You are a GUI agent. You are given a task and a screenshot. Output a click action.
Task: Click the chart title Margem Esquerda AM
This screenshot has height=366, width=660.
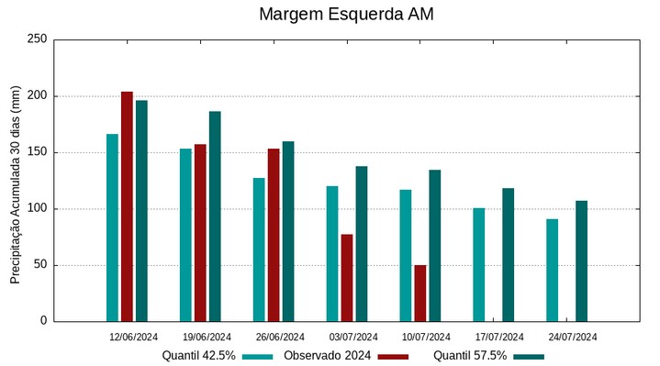346,15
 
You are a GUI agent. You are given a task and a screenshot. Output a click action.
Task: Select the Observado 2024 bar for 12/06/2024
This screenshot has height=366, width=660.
127,206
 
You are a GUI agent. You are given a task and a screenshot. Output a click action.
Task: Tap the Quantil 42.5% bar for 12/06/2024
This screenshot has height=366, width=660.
112,227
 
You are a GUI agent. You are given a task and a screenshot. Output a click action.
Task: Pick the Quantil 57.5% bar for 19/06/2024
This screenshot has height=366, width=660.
215,216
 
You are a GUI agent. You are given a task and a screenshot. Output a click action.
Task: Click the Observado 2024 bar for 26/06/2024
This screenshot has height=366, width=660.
274,235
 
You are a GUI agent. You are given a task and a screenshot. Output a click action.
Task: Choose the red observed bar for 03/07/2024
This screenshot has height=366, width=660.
347,278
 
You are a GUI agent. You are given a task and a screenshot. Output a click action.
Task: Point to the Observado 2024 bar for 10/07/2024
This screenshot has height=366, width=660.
419,293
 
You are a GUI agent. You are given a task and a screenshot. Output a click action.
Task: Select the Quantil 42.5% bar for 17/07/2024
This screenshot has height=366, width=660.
478,264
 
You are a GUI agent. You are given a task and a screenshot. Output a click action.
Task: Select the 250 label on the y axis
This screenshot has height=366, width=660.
38,39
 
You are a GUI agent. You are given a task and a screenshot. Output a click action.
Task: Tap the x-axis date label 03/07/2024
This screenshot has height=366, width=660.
353,337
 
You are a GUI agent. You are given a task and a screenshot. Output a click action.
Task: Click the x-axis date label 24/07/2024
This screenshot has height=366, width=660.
573,337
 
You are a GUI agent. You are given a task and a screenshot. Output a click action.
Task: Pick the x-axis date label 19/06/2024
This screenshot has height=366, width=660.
207,337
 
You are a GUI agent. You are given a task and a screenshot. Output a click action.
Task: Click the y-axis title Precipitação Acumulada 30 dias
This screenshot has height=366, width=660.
16,183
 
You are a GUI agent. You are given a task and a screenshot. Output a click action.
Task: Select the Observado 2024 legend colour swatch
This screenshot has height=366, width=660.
392,356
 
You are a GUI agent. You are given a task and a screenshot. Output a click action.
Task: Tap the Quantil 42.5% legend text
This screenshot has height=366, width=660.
199,356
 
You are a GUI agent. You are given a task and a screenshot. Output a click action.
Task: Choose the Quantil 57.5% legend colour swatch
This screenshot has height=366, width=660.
529,356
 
